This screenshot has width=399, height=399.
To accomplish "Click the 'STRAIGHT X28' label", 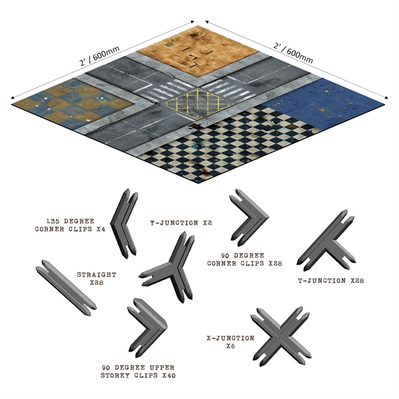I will click(x=96, y=278).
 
